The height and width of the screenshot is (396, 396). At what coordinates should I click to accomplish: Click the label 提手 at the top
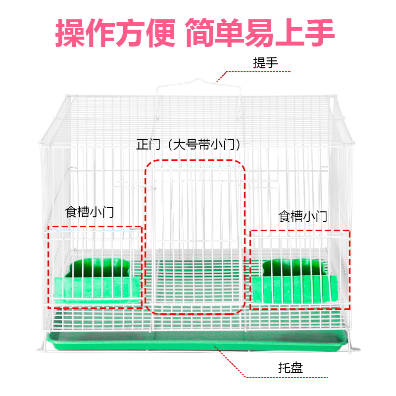coord(265,63)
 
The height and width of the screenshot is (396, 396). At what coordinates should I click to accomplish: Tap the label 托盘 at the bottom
coord(290,368)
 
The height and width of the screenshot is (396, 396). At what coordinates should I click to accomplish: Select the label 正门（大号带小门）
coord(191,145)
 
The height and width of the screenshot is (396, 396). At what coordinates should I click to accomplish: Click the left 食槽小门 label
coord(90,212)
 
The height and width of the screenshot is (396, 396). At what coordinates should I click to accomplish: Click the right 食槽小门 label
coord(303,216)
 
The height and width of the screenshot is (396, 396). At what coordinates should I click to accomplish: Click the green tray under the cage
coord(198,343)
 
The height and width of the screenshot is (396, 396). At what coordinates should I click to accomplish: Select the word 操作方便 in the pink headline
coord(115,33)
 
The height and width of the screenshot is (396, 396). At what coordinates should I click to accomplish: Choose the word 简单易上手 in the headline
coord(260,33)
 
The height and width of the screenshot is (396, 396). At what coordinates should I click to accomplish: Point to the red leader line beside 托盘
coord(238,364)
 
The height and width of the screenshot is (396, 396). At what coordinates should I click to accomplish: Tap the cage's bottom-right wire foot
coord(354,348)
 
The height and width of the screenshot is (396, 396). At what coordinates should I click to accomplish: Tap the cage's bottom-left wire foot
coord(41,346)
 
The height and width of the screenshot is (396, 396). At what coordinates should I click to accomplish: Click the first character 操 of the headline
coord(70,33)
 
